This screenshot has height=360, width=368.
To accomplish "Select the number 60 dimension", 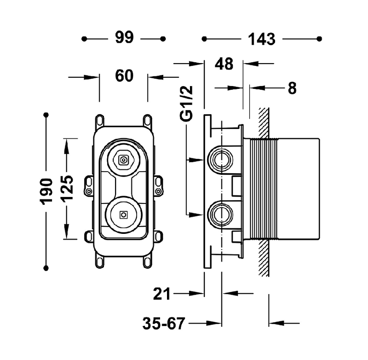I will coord(124,76).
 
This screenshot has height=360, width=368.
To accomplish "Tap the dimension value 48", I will coord(224,64).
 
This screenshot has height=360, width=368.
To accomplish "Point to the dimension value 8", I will coord(292,87).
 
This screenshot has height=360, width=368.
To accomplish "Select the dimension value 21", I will coord(162,293).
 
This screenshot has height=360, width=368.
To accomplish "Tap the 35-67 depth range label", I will coord(163,323).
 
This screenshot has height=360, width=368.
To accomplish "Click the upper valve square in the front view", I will coord(123,160).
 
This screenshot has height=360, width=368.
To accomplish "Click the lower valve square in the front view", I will coord(123,215).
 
